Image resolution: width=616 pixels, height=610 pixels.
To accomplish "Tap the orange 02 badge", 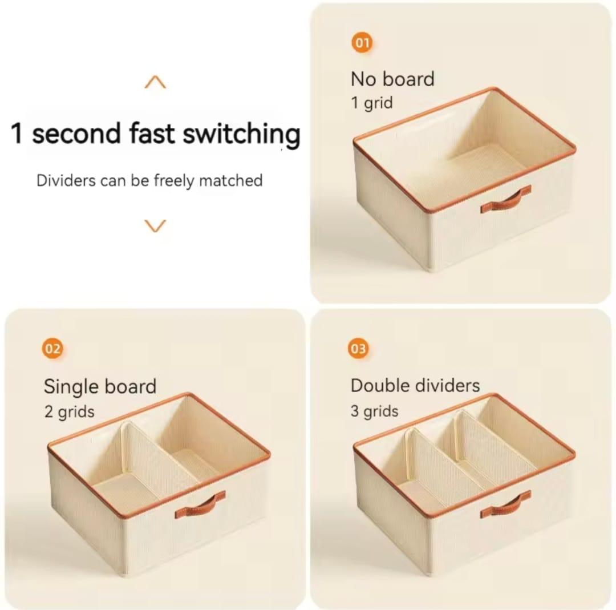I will pyautogui.click(x=53, y=349).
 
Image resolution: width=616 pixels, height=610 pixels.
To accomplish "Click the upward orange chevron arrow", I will pyautogui.click(x=155, y=83).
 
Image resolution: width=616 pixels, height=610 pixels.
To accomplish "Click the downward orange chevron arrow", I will pyautogui.click(x=155, y=225).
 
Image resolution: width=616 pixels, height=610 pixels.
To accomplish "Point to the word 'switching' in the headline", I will pyautogui.click(x=241, y=135).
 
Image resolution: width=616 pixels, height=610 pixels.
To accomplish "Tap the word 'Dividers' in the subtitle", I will pyautogui.click(x=66, y=181).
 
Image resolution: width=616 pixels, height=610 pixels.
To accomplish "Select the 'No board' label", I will pyautogui.click(x=392, y=79).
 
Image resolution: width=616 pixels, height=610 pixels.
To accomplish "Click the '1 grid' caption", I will pyautogui.click(x=372, y=103).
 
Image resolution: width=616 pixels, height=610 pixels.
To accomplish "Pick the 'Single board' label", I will pyautogui.click(x=100, y=386).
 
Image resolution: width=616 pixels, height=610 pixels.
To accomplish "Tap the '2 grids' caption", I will pyautogui.click(x=70, y=411).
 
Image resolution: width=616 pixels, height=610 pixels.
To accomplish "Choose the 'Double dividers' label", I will pyautogui.click(x=415, y=385).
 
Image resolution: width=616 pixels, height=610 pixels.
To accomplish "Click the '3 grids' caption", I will pyautogui.click(x=375, y=411).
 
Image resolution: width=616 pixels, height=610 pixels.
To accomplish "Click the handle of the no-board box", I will pyautogui.click(x=505, y=199).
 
